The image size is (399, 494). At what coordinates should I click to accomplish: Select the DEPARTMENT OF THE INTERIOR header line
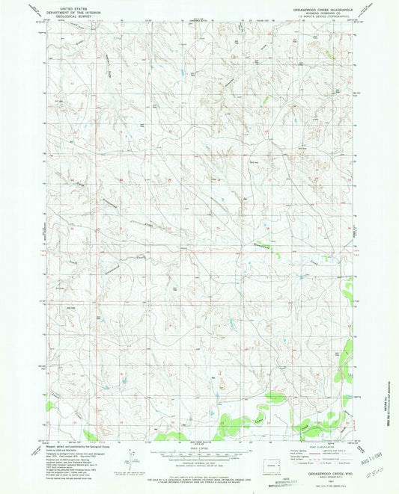pyautogui.click(x=75, y=11)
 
